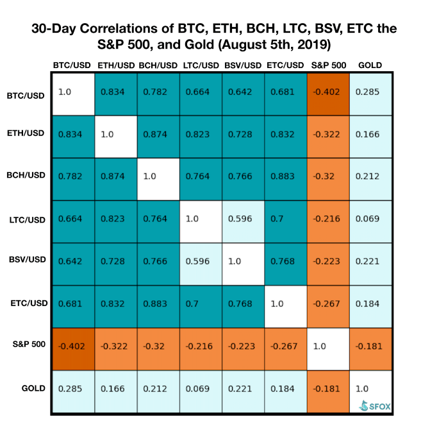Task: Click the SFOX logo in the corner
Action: click(375, 405)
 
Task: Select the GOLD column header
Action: click(370, 65)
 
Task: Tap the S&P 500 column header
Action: click(329, 65)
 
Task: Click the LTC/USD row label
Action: click(27, 220)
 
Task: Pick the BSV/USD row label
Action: click(27, 259)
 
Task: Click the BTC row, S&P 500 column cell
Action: click(328, 94)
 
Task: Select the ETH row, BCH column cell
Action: click(158, 137)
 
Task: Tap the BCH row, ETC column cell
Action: click(286, 179)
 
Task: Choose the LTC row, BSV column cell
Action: click(244, 221)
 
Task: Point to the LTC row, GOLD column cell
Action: click(371, 221)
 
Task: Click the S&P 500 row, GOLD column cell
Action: click(371, 349)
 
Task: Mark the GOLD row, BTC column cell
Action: click(74, 391)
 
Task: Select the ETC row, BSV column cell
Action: click(244, 307)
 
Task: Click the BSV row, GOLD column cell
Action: click(371, 264)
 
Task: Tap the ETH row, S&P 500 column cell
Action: click(328, 137)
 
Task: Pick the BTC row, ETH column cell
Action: click(116, 94)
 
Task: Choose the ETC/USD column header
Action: click(285, 65)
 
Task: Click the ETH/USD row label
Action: click(26, 133)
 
